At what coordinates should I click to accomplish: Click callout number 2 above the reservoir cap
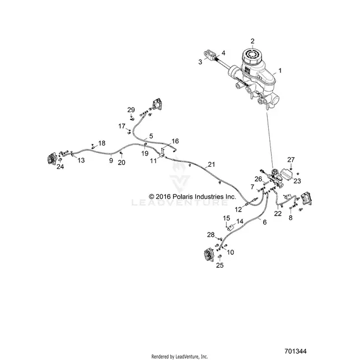pos(253,41)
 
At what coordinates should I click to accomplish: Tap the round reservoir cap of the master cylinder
pos(253,55)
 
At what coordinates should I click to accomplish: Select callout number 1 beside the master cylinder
pos(279,71)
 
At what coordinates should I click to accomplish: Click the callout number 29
pos(131,110)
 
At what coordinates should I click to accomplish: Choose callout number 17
pos(121,126)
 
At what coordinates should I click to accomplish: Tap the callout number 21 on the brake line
pos(212,165)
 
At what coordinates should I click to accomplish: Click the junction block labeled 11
pos(162,156)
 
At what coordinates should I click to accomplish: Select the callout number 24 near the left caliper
pos(60,166)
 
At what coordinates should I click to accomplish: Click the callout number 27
pos(291,160)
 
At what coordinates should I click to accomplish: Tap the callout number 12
pos(239,209)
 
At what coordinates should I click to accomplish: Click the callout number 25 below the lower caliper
pos(219,265)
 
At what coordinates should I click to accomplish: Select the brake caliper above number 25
pos(209,254)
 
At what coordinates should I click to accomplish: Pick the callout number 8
pos(291,217)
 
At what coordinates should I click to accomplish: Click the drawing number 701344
pos(296,351)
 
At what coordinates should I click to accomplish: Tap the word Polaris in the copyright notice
pos(183,197)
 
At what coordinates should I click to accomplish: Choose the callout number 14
pos(240,221)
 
